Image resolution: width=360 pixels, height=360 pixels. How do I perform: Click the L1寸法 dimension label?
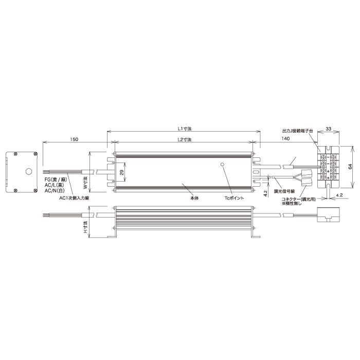(185, 129)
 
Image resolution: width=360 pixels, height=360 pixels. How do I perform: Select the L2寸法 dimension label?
(185, 139)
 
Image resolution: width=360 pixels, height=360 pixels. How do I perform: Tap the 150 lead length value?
(74, 139)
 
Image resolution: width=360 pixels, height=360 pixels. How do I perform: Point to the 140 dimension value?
(285, 138)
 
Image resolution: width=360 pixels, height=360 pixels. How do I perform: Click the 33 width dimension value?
(329, 129)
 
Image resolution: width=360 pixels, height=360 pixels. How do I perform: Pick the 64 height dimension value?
(350, 167)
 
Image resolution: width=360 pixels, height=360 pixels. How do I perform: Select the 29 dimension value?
(122, 172)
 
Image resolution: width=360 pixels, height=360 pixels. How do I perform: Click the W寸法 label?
(85, 183)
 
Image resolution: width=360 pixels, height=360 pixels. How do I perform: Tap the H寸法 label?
(86, 227)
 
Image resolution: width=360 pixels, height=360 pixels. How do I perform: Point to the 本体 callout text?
(194, 198)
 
